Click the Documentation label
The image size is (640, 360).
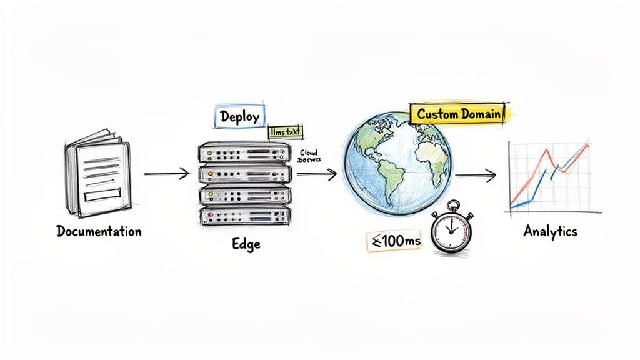pyautogui.click(x=99, y=231)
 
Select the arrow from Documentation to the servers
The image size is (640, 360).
pyautogui.click(x=166, y=173)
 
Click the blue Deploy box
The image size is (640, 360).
pyautogui.click(x=240, y=117)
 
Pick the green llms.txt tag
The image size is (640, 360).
pyautogui.click(x=285, y=132)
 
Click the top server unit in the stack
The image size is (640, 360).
pyautogui.click(x=244, y=152)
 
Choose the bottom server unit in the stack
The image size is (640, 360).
pyautogui.click(x=244, y=216)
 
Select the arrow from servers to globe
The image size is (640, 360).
pyautogui.click(x=317, y=174)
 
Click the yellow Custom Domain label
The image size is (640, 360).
pyautogui.click(x=458, y=114)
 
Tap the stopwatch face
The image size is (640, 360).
pyautogui.click(x=452, y=231)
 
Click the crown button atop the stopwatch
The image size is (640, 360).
pyautogui.click(x=452, y=204)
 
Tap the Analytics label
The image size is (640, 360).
pyautogui.click(x=550, y=231)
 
